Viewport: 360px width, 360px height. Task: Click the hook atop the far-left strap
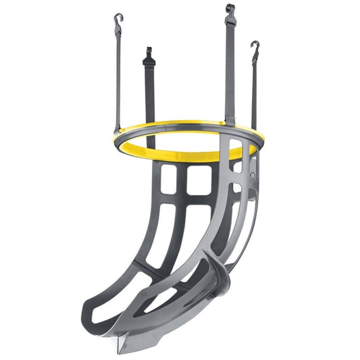[x=118, y=18]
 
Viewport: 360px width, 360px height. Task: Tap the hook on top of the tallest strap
[x=230, y=10]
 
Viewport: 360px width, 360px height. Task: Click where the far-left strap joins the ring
[x=118, y=128]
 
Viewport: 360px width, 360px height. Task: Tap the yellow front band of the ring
[x=176, y=152]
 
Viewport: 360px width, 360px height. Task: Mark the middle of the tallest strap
[x=230, y=68]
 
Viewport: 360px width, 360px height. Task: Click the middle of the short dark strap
[x=150, y=95]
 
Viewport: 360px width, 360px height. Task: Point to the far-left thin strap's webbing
[x=118, y=74]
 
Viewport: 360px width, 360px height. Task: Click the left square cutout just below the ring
[x=170, y=180]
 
